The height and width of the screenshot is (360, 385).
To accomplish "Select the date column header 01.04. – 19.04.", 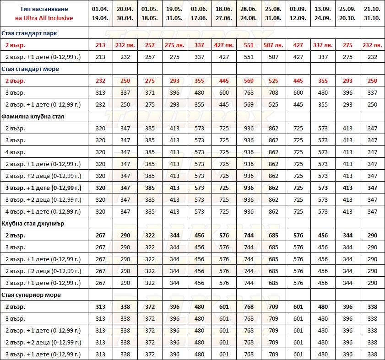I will tap(101, 13).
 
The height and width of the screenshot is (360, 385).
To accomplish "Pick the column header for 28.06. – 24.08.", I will tap(249, 13).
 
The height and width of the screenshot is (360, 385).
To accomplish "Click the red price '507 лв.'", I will tap(274, 45).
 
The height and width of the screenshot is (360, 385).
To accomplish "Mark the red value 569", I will tap(249, 81).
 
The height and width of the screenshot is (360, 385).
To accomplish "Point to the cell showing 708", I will tap(274, 93).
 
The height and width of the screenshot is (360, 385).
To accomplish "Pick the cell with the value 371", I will tap(150, 93).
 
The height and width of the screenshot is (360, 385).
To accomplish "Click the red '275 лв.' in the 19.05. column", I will tap(175, 45).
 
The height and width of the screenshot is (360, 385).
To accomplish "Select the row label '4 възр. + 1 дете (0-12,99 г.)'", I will tap(43, 212).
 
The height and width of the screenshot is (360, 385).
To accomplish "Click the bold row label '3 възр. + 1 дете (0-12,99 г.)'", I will tap(43, 188).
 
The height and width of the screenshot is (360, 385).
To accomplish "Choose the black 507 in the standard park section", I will tap(274, 57).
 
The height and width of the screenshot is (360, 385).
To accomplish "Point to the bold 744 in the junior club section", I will tap(249, 236).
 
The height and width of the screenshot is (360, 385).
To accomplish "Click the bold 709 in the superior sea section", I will tap(274, 307).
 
